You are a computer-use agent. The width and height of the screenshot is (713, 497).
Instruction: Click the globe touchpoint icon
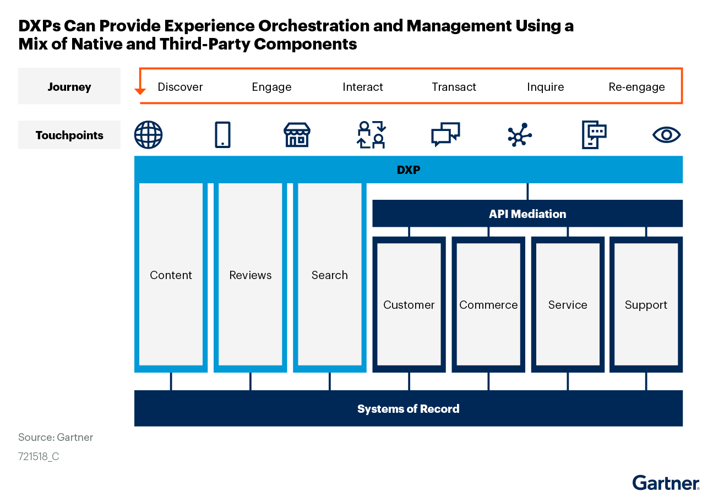coord(148,135)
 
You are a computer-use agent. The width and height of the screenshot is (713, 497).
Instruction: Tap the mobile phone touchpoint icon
coord(222,135)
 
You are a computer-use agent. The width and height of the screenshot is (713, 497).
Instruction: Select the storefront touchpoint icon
coord(297,135)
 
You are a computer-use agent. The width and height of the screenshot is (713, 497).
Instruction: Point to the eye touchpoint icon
coord(667,135)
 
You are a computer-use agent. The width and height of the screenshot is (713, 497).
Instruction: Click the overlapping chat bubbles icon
coord(445,134)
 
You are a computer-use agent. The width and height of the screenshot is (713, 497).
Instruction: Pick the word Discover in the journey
coord(180,87)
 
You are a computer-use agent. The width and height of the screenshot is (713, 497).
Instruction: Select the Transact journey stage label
coord(454,87)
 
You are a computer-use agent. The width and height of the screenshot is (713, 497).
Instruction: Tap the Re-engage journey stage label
coord(636,87)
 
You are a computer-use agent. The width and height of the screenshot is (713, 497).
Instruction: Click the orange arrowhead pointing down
coord(140,91)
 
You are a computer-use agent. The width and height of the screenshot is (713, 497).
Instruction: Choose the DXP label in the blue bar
coord(409,170)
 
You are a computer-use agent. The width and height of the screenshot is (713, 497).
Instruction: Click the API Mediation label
coord(527,214)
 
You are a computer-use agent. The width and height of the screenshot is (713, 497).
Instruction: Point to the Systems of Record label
coord(409,408)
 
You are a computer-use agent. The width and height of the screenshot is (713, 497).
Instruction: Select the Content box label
coord(171,275)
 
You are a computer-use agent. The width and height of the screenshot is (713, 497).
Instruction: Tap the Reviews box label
coord(251,275)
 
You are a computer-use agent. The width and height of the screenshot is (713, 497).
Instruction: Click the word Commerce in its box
coord(488,305)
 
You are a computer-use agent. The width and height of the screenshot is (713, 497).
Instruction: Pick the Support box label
coord(646,305)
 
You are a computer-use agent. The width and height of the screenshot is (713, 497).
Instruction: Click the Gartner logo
coord(666,483)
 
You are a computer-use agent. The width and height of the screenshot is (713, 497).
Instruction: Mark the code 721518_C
coord(39,457)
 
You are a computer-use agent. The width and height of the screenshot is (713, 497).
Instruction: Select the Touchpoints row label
coord(69,135)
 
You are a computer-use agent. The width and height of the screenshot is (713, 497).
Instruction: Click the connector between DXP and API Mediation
coord(527,192)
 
